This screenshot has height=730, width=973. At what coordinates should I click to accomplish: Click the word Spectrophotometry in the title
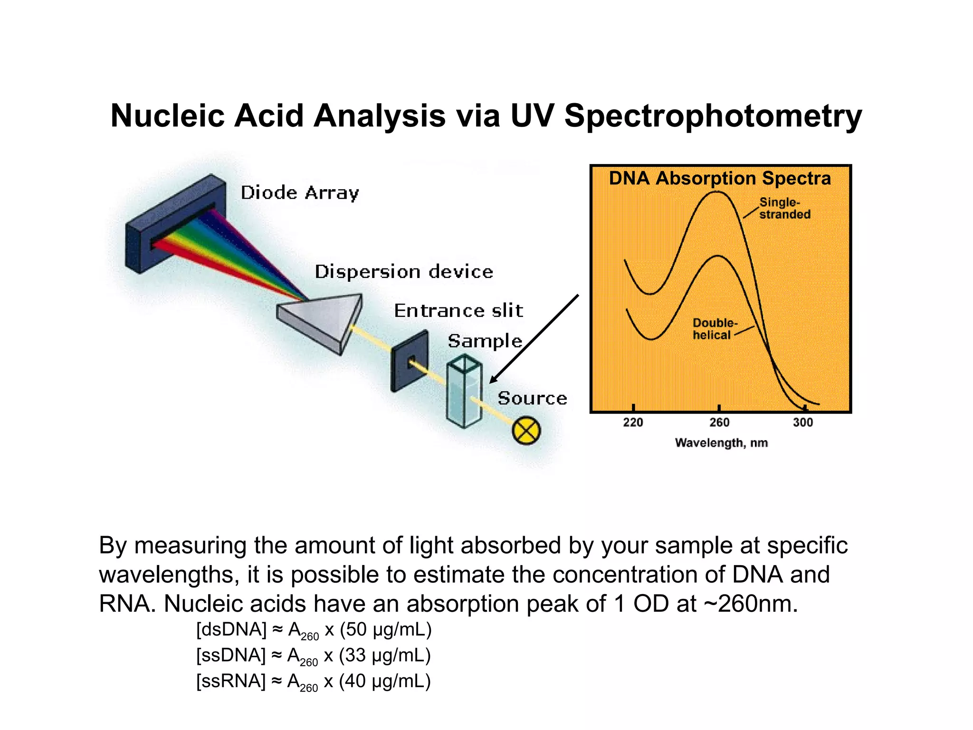[x=713, y=116]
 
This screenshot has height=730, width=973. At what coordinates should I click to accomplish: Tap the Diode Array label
[x=300, y=193]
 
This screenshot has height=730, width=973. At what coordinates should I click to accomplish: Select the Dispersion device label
[x=404, y=272]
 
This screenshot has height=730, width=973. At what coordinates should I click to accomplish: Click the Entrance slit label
[x=458, y=311]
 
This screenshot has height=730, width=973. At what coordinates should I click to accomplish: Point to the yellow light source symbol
[x=526, y=431]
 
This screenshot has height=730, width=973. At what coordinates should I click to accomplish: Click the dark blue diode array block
[x=176, y=223]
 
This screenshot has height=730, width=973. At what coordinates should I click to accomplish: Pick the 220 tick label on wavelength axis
[x=633, y=423]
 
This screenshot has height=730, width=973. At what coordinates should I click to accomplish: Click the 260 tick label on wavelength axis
[x=719, y=423]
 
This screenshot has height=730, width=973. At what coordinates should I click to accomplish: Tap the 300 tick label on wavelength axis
[x=803, y=423]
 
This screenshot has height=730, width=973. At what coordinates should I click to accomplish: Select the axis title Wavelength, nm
[x=721, y=443]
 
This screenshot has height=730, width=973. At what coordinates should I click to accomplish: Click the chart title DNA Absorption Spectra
[x=720, y=179]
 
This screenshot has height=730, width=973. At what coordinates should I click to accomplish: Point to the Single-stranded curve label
[x=784, y=208]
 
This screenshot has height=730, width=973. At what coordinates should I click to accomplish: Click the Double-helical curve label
[x=714, y=329]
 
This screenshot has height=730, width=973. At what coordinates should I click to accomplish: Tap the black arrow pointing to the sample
[x=534, y=338]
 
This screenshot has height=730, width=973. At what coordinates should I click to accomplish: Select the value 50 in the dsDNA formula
[x=356, y=630]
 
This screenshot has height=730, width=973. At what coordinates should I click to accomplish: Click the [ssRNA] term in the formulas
[x=231, y=681]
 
